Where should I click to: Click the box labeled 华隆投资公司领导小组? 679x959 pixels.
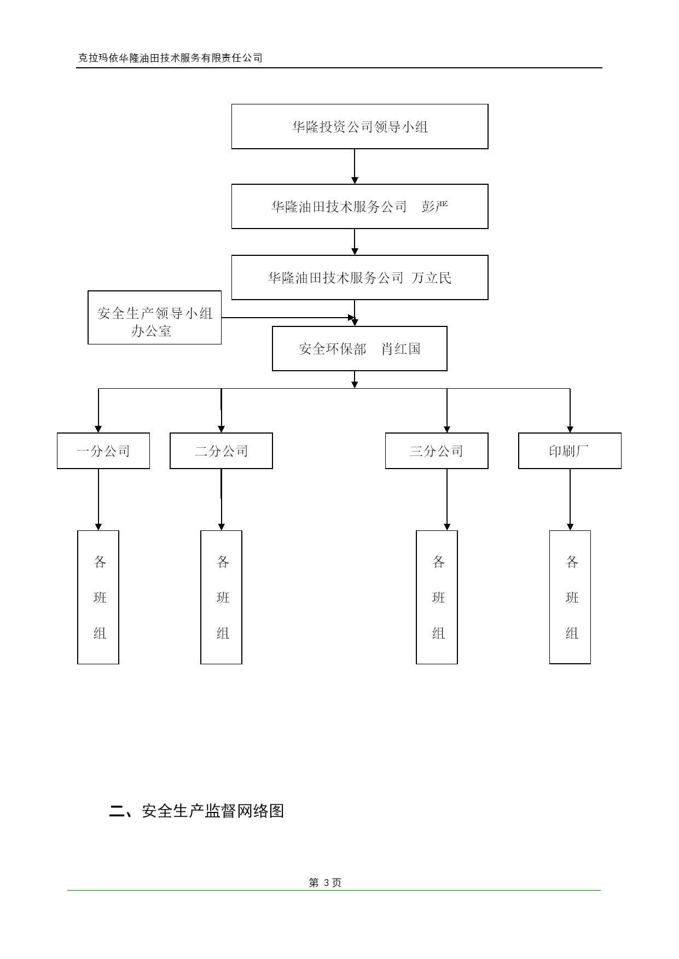[359, 126]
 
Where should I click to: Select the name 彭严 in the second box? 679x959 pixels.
[435, 207]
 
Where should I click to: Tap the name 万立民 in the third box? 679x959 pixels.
[432, 278]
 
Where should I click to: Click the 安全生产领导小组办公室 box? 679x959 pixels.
[154, 317]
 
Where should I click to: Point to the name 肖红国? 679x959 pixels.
[401, 349]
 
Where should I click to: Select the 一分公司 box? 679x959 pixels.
[103, 451]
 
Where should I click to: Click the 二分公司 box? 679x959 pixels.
[221, 451]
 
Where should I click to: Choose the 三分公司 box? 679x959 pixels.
[437, 451]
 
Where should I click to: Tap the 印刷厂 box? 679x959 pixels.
[570, 451]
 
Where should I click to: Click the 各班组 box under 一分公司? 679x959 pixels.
[98, 597]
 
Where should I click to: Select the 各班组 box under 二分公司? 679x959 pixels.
[221, 597]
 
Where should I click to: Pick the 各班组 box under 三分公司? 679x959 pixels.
[437, 597]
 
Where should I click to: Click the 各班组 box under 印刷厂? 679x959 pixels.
[570, 597]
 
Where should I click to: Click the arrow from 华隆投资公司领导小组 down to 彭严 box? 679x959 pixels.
[355, 166]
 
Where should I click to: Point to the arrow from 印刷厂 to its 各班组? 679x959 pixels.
[570, 499]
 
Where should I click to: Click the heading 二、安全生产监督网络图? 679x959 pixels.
[197, 811]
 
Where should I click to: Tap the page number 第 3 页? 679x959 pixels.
[325, 882]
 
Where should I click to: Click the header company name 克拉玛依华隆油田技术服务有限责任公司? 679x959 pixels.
[170, 58]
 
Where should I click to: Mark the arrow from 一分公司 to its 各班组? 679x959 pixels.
[98, 499]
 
